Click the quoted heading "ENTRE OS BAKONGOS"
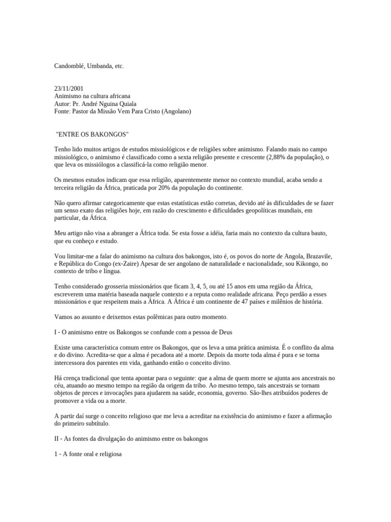tap(92, 134)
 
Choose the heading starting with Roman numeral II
tap(131, 438)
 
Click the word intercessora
tap(73, 362)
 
